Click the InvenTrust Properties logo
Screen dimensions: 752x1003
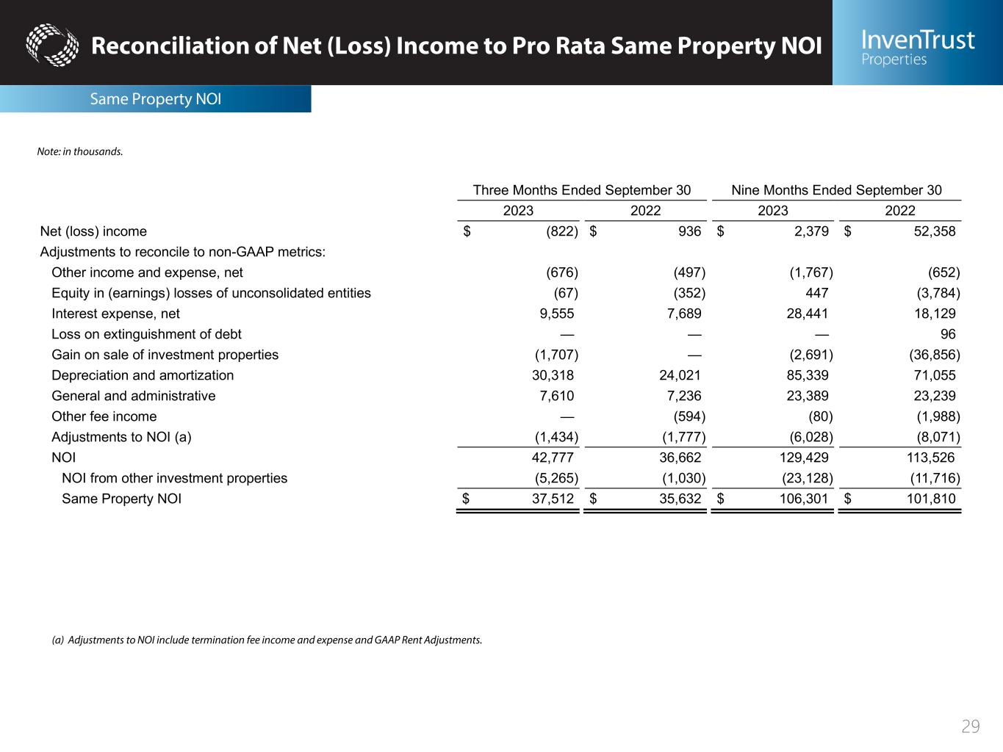(918, 46)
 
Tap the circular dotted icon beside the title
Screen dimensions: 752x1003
(52, 45)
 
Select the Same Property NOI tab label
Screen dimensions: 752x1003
(155, 99)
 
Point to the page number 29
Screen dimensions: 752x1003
(971, 726)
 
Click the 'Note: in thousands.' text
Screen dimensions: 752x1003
(80, 152)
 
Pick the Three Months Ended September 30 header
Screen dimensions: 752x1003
(581, 190)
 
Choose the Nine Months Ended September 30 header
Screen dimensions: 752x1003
(836, 190)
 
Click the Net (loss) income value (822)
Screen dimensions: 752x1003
(562, 231)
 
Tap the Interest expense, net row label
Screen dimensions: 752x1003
(115, 314)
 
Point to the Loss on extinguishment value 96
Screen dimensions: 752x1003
(948, 334)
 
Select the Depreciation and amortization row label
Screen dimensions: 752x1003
(143, 375)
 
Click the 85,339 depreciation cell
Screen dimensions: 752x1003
(807, 375)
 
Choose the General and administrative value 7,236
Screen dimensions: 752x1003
(682, 396)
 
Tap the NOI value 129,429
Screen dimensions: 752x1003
(804, 458)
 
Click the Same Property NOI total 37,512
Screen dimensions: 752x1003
(553, 499)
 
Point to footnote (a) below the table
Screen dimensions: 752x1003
(267, 640)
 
